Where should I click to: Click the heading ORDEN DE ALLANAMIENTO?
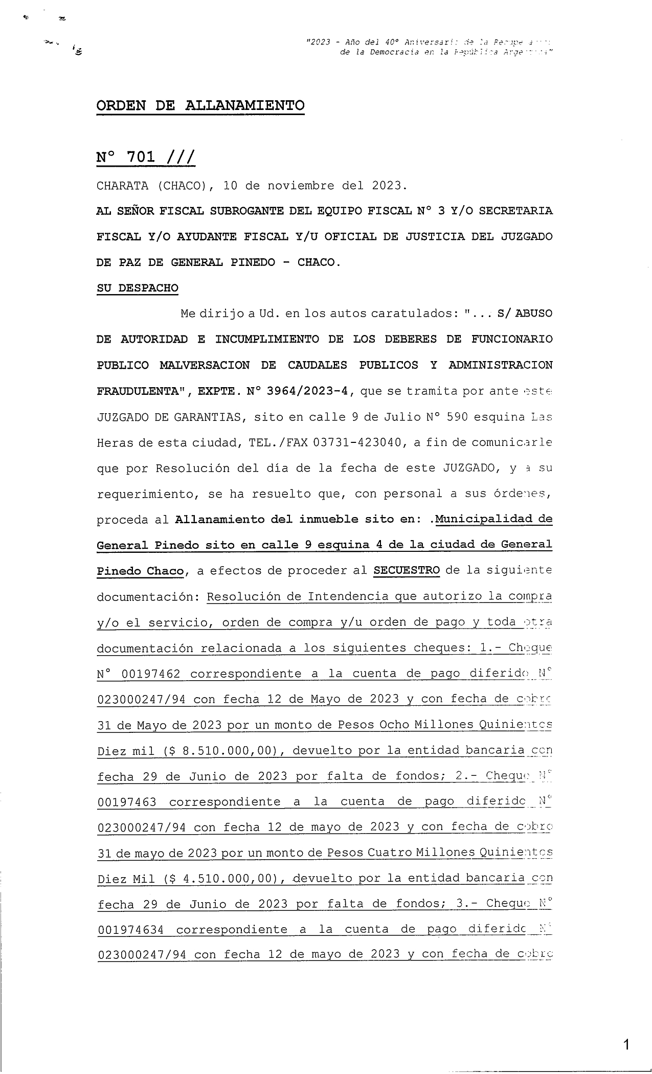tap(200, 106)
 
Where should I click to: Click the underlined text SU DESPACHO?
tap(138, 288)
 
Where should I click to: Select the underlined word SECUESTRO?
tap(407, 570)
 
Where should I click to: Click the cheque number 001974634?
tap(130, 930)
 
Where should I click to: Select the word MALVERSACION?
tap(205, 365)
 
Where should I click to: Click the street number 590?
tap(457, 417)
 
